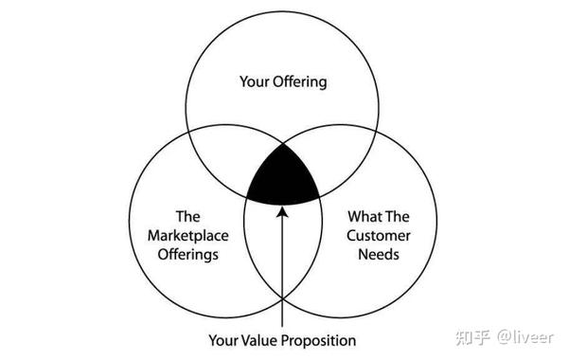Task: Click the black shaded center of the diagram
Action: point(282,177)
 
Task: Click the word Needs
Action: point(380,255)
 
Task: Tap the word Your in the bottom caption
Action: point(223,338)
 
